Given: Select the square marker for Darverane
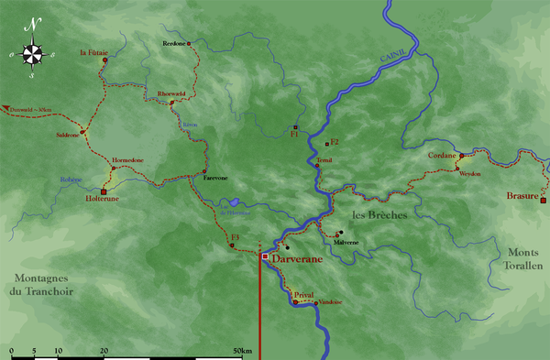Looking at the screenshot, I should [x=265, y=257].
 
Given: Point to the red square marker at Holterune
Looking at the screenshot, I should [x=104, y=192].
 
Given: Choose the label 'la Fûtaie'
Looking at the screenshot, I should [x=94, y=52].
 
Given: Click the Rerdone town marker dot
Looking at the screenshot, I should [x=189, y=44].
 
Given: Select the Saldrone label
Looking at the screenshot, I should [x=68, y=135].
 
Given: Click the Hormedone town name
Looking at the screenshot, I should [x=127, y=160].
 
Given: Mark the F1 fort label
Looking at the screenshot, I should [x=294, y=135].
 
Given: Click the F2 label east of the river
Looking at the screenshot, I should [x=335, y=142].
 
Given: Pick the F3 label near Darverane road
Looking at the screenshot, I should [x=236, y=238].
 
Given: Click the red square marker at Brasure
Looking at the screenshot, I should [x=543, y=200].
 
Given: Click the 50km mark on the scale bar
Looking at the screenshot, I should [x=243, y=350].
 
